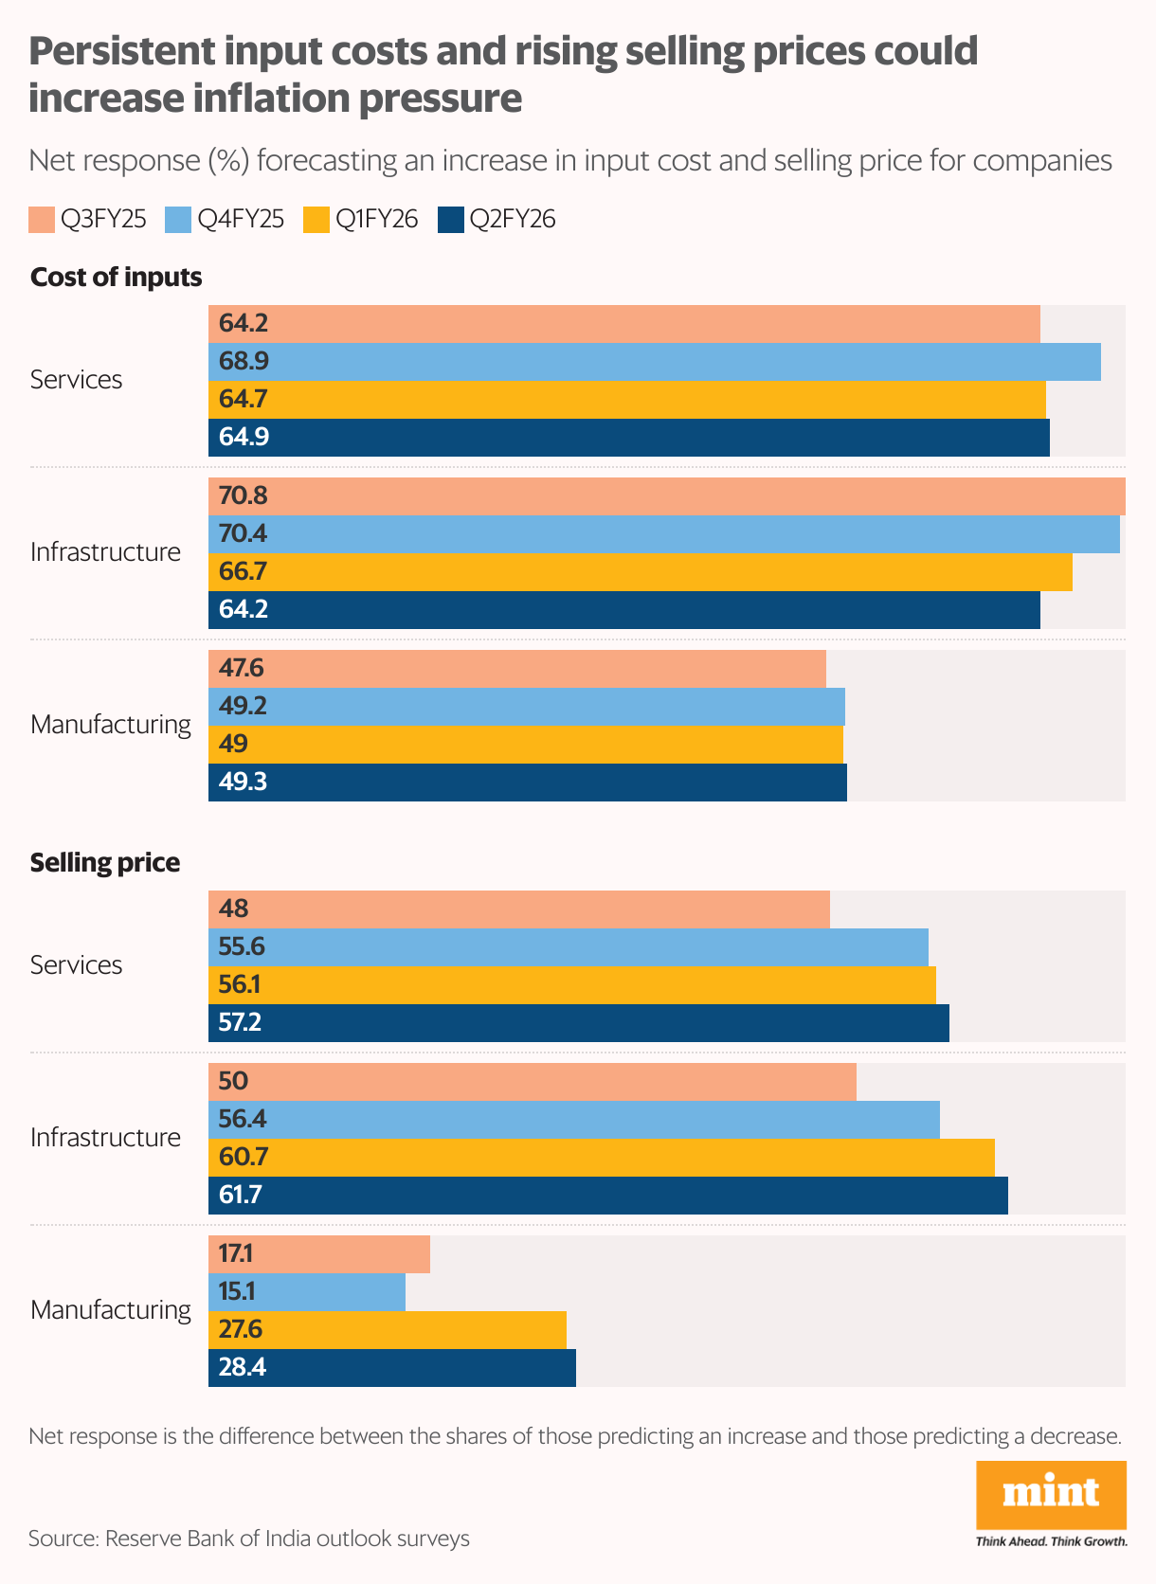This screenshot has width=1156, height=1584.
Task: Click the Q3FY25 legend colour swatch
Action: [42, 220]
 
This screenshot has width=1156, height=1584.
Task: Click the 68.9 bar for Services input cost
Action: [654, 362]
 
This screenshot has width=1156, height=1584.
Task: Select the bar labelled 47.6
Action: [516, 669]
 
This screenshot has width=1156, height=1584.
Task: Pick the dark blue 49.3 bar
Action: [527, 783]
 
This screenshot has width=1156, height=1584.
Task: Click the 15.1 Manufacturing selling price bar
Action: [307, 1292]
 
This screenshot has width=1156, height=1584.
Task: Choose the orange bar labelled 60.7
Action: [601, 1158]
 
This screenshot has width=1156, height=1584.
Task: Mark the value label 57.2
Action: [240, 1023]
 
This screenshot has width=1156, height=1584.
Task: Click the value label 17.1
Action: [235, 1254]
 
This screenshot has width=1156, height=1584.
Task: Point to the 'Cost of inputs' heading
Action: [116, 278]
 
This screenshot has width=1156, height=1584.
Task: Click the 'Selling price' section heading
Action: [104, 863]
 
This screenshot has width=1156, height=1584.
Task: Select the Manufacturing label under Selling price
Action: [110, 1310]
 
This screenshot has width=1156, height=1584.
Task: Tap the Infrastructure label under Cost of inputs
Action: [105, 552]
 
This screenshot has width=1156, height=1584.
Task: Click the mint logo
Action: [1051, 1495]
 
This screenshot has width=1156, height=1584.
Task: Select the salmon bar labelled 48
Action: [518, 909]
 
